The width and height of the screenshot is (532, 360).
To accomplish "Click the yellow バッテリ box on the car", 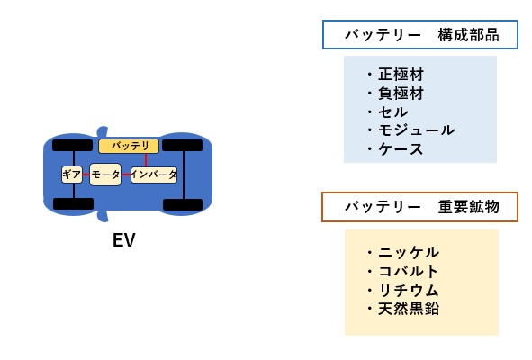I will pyautogui.click(x=129, y=146).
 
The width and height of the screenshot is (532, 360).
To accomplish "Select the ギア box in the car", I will pyautogui.click(x=72, y=174).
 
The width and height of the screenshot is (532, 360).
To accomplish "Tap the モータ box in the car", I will pyautogui.click(x=105, y=174).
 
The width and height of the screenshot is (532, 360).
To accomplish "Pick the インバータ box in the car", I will pyautogui.click(x=154, y=174).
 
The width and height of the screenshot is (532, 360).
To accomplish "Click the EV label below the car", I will pyautogui.click(x=124, y=240).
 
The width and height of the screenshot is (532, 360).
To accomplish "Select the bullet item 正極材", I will pyautogui.click(x=401, y=75).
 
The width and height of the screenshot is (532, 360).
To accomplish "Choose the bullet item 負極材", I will pyautogui.click(x=401, y=93).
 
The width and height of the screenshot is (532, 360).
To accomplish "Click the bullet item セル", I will pyautogui.click(x=393, y=112).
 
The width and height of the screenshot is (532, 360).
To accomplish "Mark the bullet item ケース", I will pyautogui.click(x=401, y=149).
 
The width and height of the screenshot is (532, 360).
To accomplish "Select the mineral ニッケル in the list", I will pyautogui.click(x=410, y=252).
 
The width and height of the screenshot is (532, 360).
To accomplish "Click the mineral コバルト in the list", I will pyautogui.click(x=410, y=271).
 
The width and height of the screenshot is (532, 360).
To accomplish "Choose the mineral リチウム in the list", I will pyautogui.click(x=410, y=290).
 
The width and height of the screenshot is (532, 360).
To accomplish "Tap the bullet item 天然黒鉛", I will pyautogui.click(x=410, y=309).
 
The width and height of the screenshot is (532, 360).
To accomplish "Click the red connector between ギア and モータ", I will pyautogui.click(x=86, y=174).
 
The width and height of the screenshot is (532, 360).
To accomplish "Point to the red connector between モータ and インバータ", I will pyautogui.click(x=126, y=174).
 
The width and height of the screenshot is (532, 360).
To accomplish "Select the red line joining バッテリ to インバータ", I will pyautogui.click(x=146, y=159).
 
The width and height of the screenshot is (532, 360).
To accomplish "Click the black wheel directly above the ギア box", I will pyautogui.click(x=72, y=145).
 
